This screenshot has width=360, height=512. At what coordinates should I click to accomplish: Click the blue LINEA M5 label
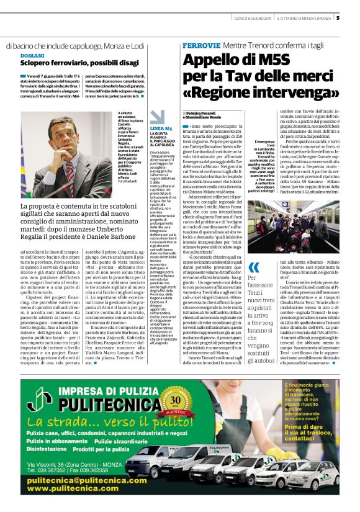click(x=161, y=128)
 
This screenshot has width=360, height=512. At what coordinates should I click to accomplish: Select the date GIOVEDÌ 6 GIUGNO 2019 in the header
click(x=248, y=17)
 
